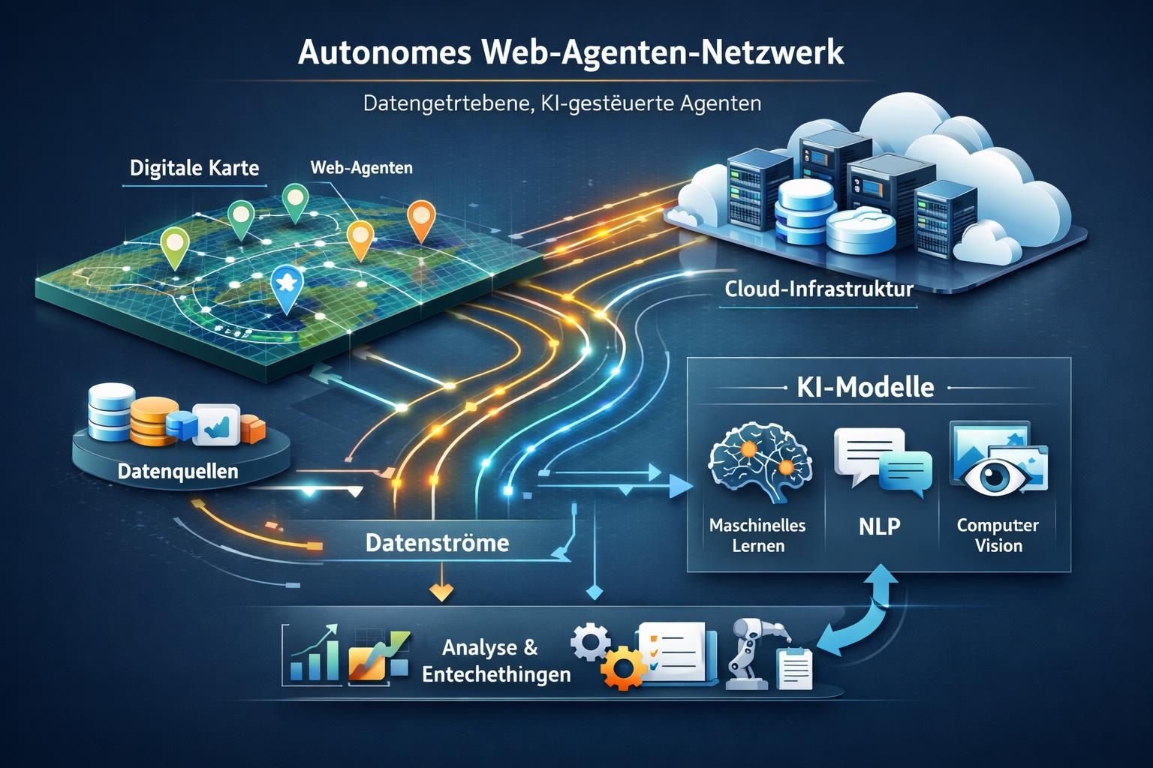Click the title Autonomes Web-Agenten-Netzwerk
click(x=570, y=54)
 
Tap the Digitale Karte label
click(x=194, y=167)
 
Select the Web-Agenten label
click(x=361, y=167)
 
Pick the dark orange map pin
click(x=420, y=220)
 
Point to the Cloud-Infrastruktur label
click(x=819, y=289)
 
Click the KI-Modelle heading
click(x=863, y=387)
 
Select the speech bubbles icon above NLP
click(x=882, y=460)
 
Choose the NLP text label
click(x=879, y=526)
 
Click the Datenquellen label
click(x=178, y=471)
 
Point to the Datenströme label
click(x=437, y=542)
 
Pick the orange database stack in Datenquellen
click(x=153, y=422)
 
